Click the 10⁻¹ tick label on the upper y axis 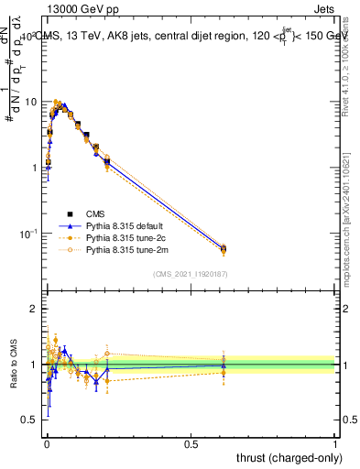(x=29, y=234)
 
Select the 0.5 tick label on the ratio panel (x=31, y=420)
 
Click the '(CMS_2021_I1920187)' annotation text (x=190, y=273)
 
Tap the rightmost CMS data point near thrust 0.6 (x=223, y=248)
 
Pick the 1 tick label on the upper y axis (x=35, y=169)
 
